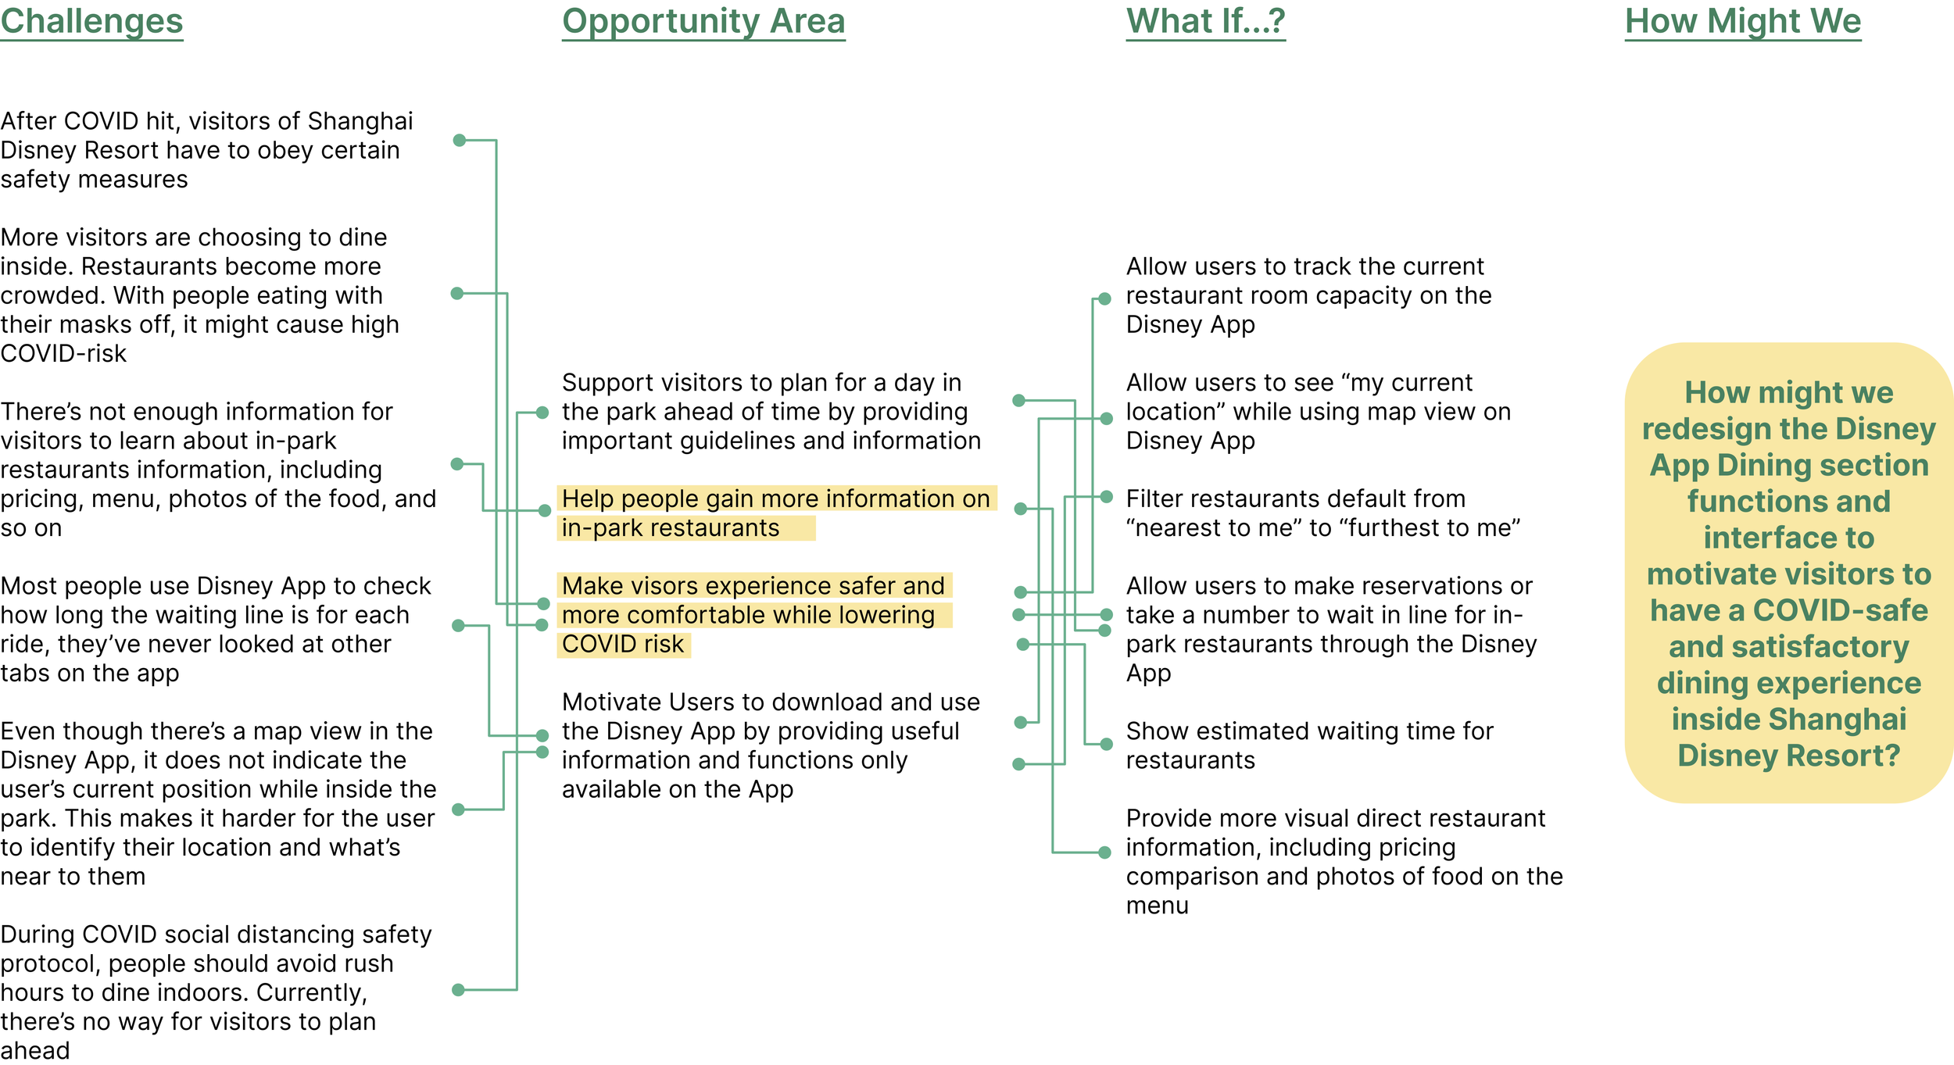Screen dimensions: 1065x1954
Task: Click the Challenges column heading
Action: [91, 21]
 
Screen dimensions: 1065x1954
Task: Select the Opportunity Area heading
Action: [703, 21]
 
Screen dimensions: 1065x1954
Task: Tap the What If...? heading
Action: [1205, 21]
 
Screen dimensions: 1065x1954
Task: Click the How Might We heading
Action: [1742, 21]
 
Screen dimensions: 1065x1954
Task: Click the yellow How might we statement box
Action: [1788, 573]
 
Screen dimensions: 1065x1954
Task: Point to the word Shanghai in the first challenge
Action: [360, 121]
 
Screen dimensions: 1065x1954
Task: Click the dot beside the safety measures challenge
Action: [460, 141]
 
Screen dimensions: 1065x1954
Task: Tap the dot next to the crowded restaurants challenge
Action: [457, 294]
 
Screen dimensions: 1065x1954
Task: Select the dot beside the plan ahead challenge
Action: [459, 990]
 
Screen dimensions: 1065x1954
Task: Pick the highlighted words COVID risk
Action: [623, 645]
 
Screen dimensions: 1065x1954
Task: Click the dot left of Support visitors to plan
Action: [542, 413]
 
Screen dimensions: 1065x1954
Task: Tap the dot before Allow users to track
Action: [1104, 298]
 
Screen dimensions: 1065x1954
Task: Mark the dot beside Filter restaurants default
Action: [1106, 497]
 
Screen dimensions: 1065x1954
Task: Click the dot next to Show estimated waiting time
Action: [1106, 744]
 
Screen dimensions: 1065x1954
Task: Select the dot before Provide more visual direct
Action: [1104, 852]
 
